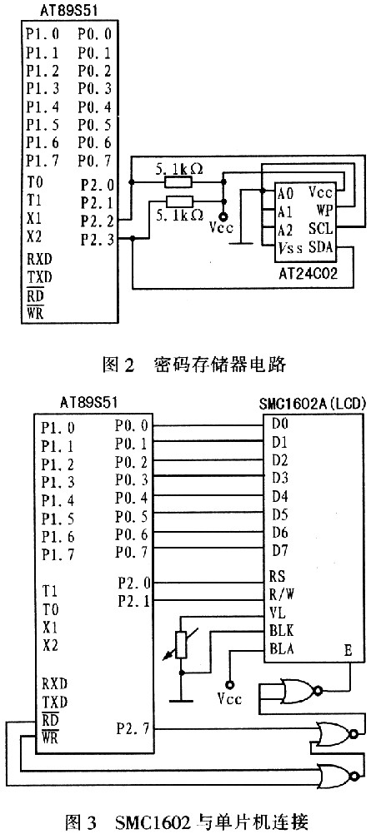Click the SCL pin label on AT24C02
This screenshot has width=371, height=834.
point(320,229)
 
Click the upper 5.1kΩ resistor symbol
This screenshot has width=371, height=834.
point(178,183)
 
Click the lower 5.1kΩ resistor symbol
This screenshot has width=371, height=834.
point(178,201)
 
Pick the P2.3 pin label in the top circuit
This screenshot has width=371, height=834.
point(97,240)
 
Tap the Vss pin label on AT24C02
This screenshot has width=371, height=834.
point(290,248)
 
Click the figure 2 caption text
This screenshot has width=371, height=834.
point(194,365)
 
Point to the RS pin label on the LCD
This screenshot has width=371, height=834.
point(278,575)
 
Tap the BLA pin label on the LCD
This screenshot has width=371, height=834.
point(282,648)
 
